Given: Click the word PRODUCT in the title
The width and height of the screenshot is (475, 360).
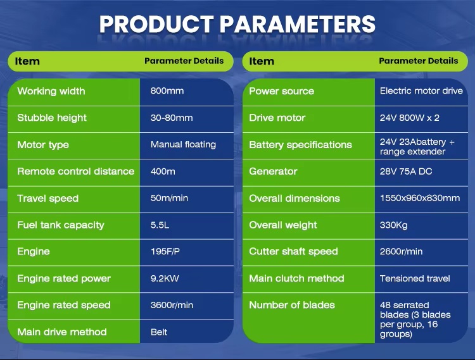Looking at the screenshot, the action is click(156, 24).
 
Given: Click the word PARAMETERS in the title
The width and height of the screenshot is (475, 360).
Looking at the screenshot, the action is click(298, 24).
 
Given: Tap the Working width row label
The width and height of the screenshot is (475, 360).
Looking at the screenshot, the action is click(51, 91).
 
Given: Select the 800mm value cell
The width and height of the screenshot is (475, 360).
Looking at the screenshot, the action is click(167, 90).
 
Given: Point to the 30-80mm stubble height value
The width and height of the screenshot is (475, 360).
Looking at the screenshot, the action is click(172, 118).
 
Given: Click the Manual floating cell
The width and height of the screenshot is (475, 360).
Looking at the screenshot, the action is click(183, 145).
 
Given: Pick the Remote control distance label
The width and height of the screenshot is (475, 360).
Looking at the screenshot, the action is click(76, 171).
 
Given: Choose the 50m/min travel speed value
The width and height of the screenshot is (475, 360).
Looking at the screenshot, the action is click(169, 198).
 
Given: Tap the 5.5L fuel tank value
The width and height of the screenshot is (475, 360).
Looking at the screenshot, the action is click(160, 225).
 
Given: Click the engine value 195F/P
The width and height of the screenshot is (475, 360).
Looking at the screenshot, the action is click(165, 251).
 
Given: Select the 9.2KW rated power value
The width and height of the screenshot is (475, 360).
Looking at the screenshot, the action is click(165, 278).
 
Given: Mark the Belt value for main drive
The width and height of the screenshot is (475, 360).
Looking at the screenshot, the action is click(159, 332).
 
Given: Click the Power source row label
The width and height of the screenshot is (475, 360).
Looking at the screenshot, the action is click(281, 91).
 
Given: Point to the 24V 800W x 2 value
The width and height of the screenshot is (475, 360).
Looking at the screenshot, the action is click(410, 118).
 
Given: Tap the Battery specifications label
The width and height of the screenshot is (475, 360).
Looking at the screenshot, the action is click(300, 145).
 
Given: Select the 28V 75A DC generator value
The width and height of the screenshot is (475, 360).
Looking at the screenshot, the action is click(406, 171).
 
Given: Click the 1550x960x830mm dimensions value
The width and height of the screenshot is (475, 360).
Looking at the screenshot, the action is click(420, 198).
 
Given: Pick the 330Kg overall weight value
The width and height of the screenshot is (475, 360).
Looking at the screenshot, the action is click(393, 225).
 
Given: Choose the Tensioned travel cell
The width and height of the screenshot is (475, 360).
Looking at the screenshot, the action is click(415, 278).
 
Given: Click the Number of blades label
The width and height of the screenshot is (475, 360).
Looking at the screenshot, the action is click(292, 305).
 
